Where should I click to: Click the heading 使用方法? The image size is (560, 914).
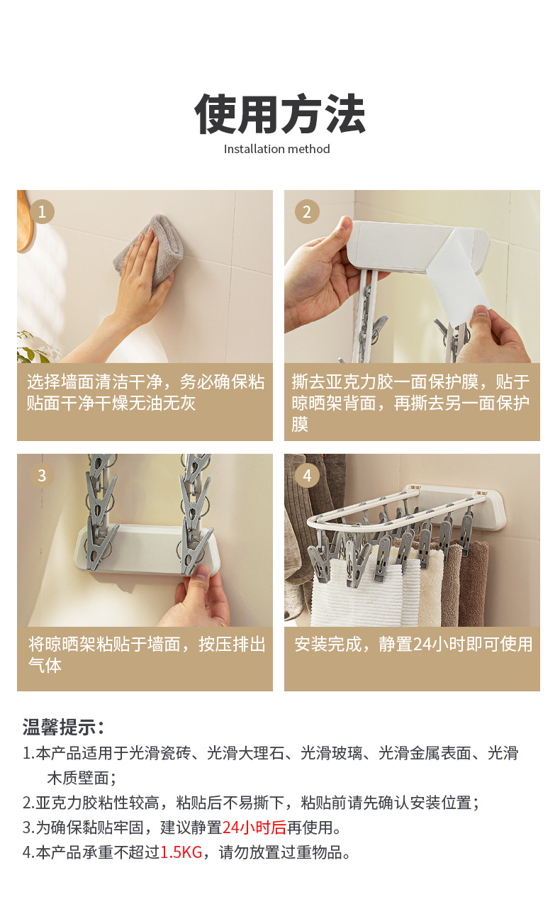(x=280, y=114)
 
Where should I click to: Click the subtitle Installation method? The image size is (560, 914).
(x=277, y=149)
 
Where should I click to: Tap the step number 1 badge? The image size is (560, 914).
(x=42, y=211)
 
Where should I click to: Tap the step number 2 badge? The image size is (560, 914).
(x=307, y=211)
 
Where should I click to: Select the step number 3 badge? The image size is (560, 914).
(x=42, y=475)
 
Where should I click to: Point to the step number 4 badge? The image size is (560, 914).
(x=307, y=475)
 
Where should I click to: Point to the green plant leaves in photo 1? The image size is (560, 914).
(x=32, y=347)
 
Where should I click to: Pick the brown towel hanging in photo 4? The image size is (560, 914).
(x=472, y=584)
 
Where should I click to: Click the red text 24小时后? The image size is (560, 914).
(x=254, y=827)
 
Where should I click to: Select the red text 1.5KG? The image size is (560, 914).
(x=181, y=852)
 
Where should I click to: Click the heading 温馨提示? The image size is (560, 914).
(x=63, y=727)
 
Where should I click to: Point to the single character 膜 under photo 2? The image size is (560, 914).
(x=300, y=424)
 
